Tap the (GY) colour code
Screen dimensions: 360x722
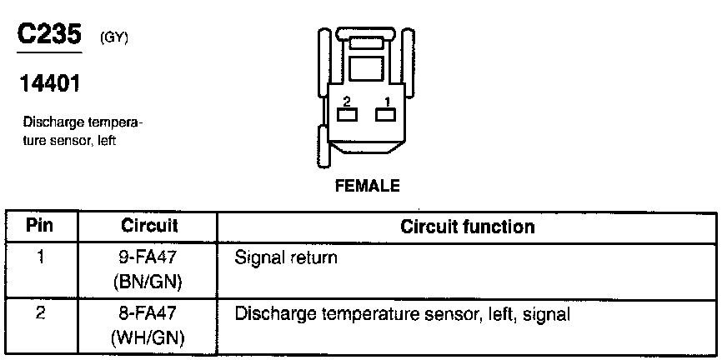(x=113, y=39)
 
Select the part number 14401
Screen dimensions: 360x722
(x=51, y=84)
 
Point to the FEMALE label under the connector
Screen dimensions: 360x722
(x=367, y=186)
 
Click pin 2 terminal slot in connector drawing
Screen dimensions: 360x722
(x=346, y=115)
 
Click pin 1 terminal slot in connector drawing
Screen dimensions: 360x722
(x=384, y=115)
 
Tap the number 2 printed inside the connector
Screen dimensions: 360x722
(x=346, y=101)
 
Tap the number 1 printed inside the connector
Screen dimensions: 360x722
(x=386, y=101)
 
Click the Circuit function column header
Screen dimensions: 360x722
(x=467, y=227)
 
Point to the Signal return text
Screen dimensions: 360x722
(x=287, y=258)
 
